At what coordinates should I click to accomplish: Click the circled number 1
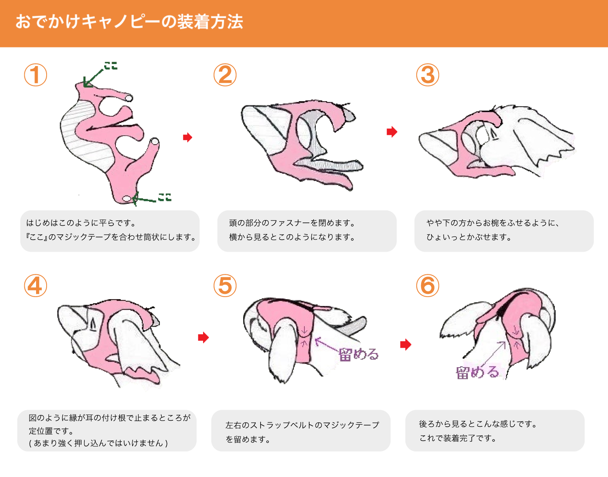pos(36,75)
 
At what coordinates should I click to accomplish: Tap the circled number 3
pos(428,75)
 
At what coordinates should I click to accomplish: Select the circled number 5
pos(225,285)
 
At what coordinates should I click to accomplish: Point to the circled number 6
pos(428,285)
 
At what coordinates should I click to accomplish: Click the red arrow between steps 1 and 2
pos(187,137)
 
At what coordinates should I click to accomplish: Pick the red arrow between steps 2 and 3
pos(392,131)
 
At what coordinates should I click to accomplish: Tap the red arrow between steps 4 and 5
pos(203,338)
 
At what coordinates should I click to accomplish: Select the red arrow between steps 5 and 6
pos(406,344)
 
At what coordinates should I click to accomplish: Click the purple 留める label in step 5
pos(358,355)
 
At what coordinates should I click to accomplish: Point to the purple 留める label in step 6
pos(477,372)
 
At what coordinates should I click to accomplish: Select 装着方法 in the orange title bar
pos(210,22)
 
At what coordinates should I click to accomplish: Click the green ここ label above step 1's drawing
pos(111,66)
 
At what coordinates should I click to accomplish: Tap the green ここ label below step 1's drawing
pos(165,197)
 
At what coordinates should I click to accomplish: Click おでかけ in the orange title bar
pos(48,22)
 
